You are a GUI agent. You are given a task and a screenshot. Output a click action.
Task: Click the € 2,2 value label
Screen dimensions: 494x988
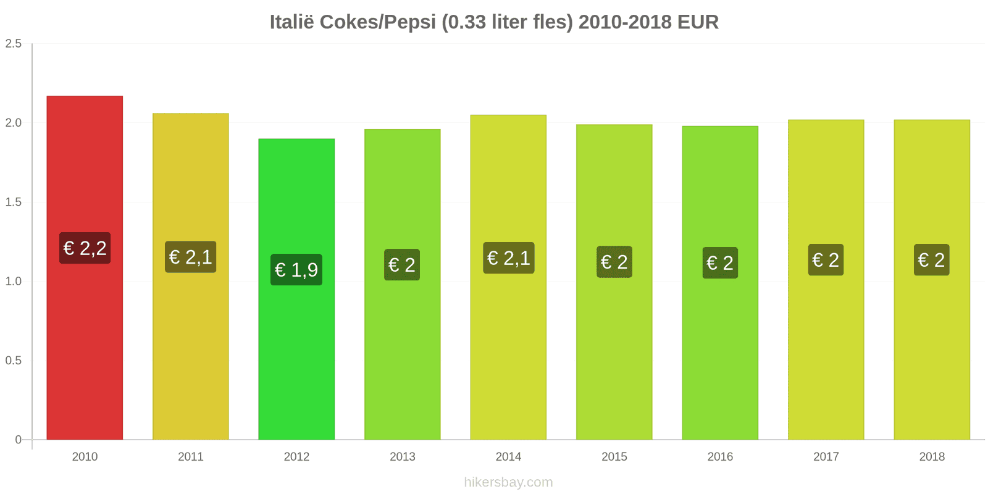(85, 248)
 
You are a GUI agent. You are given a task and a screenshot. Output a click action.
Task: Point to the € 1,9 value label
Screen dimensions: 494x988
(296, 270)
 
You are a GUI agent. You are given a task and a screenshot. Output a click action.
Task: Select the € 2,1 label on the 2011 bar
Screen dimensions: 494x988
(191, 257)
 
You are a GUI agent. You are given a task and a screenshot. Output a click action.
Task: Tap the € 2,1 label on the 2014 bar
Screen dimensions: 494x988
(508, 258)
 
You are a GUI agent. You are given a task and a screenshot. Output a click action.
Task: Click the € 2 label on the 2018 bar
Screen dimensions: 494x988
(931, 260)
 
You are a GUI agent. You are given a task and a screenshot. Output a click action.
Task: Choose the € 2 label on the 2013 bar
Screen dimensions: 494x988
(402, 265)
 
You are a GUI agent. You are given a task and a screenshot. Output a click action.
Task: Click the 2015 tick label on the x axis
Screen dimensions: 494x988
(614, 457)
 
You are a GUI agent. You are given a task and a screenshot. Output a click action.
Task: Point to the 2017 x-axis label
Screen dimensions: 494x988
(826, 457)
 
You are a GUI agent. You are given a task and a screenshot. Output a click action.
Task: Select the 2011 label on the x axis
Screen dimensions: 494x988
(191, 457)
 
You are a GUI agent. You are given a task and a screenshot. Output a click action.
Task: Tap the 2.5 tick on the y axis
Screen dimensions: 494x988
(14, 44)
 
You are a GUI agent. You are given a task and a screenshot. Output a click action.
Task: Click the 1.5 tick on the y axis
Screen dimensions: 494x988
(14, 203)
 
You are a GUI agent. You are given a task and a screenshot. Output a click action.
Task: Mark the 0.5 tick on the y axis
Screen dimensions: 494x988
(14, 361)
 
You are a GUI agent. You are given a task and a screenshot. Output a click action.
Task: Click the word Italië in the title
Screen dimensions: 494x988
(291, 22)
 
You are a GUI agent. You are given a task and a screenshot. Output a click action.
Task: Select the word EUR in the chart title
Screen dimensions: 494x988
(698, 22)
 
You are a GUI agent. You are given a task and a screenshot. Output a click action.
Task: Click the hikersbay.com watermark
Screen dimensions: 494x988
(508, 482)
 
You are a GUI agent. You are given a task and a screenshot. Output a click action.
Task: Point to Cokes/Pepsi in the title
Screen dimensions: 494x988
(378, 22)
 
